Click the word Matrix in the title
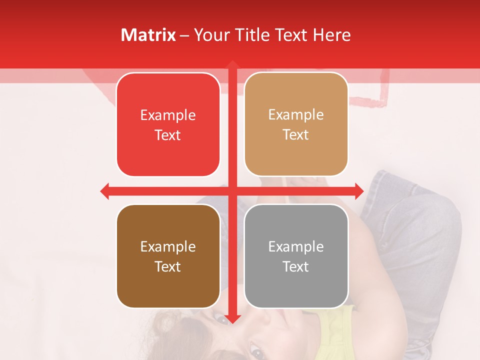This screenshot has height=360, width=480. pos(148,35)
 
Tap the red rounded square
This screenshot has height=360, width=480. pos(168,125)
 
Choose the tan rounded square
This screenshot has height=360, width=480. pos(296,124)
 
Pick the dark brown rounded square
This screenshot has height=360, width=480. pos(168,256)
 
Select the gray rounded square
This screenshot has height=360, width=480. pos(296,256)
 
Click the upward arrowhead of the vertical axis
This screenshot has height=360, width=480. pos(232,65)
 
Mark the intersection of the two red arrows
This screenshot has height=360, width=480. pos(232,191)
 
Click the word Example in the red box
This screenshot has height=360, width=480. pos(168,115)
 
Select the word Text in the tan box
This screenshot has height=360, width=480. pos(296,135)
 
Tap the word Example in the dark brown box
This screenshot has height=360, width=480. pos(168,246)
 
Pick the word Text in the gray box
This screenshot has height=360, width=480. pos(296,266)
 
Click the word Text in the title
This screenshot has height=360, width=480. pos(290,35)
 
